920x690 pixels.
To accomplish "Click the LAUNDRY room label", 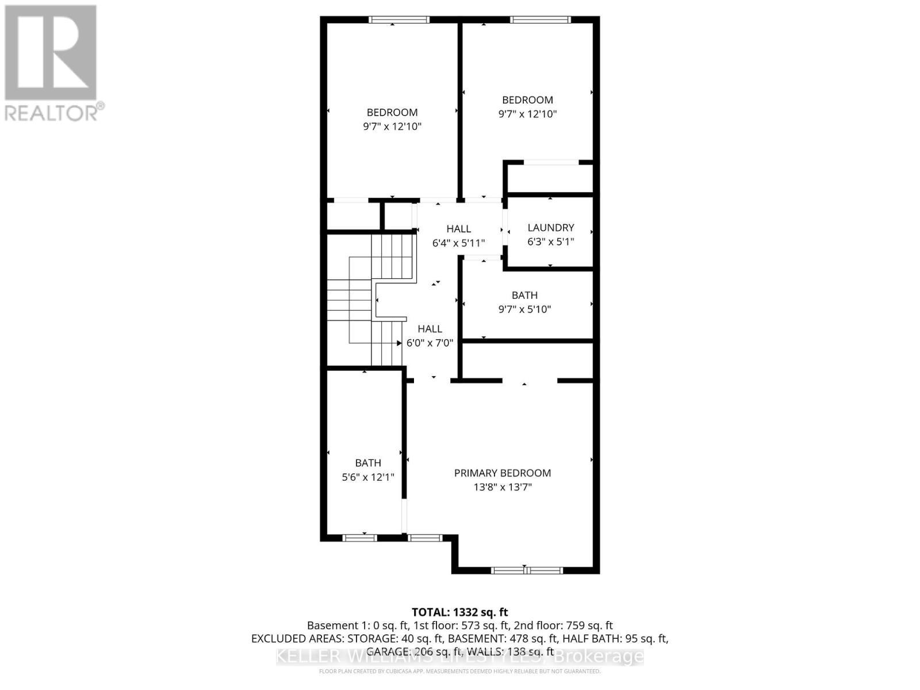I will (x=550, y=228).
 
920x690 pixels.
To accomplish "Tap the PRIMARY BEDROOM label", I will (x=503, y=473).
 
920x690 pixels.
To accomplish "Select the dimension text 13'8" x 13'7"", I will (x=503, y=488).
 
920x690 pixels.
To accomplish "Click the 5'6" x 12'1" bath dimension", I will (x=368, y=477).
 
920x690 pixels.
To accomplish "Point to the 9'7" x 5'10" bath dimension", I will (x=524, y=309).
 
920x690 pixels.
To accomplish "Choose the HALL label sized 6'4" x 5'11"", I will (x=458, y=229).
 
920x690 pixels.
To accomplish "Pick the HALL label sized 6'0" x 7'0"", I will (x=430, y=329).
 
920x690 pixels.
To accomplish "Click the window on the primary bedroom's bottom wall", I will (x=526, y=570).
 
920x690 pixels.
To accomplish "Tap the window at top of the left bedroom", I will (x=399, y=20).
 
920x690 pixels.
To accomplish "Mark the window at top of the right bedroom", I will (x=540, y=20).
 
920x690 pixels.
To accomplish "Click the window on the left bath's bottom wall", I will (x=359, y=538).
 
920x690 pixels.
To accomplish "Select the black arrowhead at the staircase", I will (x=399, y=343).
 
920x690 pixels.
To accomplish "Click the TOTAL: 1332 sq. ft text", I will (x=459, y=612).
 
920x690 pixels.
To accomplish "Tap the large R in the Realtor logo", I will (x=51, y=53).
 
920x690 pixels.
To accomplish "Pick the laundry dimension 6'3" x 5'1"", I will (x=550, y=242).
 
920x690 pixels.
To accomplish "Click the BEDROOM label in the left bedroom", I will (x=392, y=113).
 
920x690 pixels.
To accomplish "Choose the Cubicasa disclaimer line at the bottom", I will (x=459, y=671).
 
